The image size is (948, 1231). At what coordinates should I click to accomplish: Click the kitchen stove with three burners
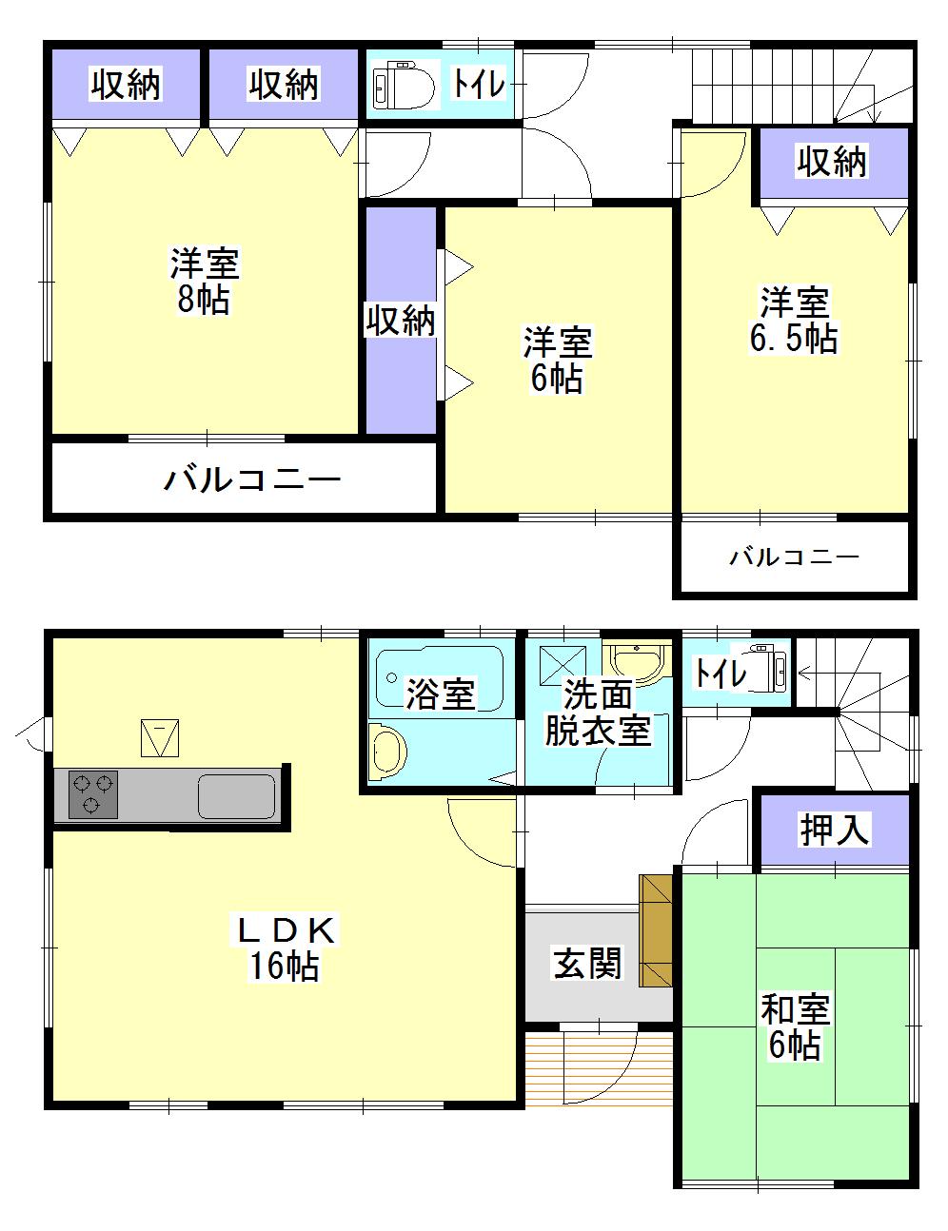[92, 794]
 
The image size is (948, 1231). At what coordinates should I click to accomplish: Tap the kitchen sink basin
[236, 796]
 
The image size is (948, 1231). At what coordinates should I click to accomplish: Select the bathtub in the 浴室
[438, 677]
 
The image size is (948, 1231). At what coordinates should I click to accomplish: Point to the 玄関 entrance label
[587, 965]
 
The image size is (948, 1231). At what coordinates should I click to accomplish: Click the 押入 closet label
[834, 830]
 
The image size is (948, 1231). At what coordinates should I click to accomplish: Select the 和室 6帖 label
[795, 1026]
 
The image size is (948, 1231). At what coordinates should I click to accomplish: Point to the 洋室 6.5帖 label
[794, 321]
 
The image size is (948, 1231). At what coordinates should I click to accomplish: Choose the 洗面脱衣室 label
[598, 713]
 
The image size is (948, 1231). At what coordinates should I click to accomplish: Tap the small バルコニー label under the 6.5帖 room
[794, 557]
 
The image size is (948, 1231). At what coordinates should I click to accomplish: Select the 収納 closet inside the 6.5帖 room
[833, 163]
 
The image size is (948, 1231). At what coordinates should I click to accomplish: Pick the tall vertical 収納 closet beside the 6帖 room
[401, 322]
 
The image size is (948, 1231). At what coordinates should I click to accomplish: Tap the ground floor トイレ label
[721, 674]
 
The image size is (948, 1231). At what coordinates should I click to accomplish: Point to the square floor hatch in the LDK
[160, 737]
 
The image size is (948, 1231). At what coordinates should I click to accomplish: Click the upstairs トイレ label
[478, 85]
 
